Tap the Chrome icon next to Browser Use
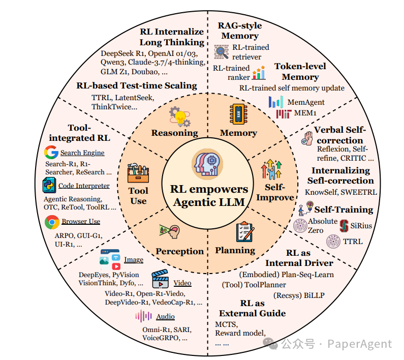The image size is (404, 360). [51, 222]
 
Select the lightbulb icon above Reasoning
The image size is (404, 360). [179, 116]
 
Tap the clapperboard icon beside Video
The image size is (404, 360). [160, 280]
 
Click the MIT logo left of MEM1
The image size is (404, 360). [283, 113]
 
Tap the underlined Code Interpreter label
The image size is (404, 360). [84, 186]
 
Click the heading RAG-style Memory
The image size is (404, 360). [239, 31]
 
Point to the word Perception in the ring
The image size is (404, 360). [179, 251]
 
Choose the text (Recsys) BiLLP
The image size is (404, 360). [299, 295]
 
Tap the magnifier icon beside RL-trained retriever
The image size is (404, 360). [222, 51]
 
